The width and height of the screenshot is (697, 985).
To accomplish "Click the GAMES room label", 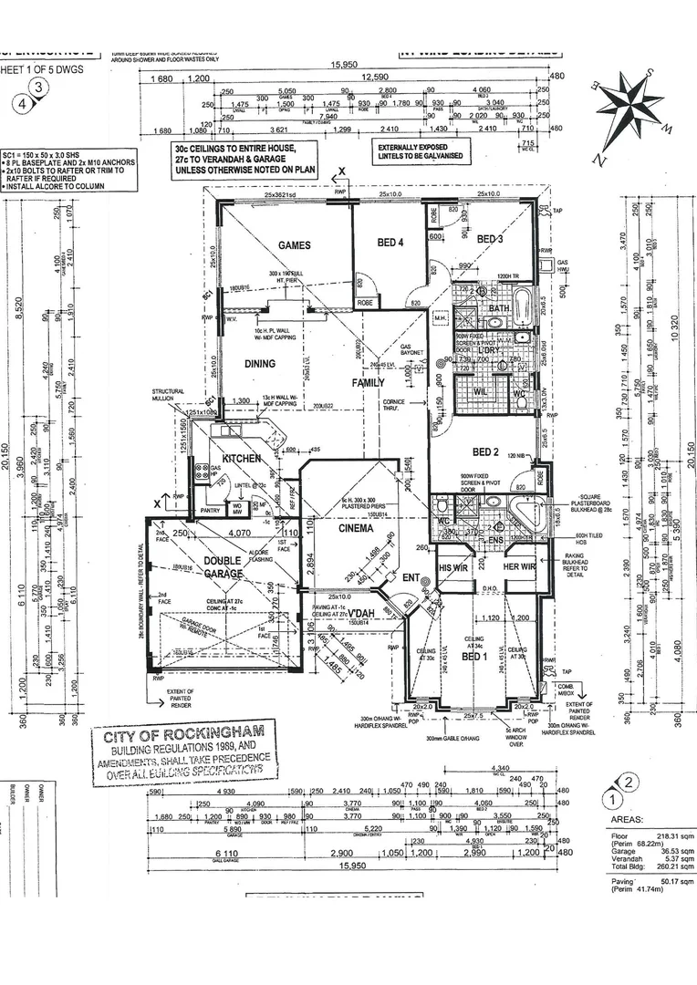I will [294, 245].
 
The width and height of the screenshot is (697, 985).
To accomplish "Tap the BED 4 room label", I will [390, 242].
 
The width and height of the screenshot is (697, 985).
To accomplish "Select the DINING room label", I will [260, 364].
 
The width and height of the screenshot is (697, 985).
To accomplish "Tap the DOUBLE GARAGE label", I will [223, 566].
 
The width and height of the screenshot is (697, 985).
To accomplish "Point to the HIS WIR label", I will [453, 566].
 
